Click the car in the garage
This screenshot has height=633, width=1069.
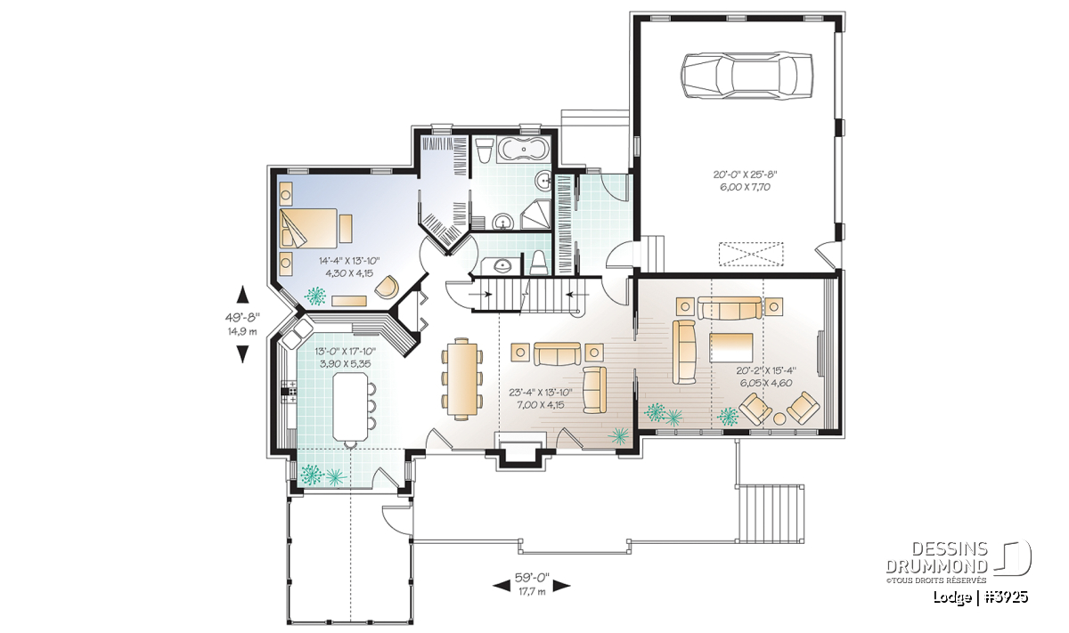[747, 77]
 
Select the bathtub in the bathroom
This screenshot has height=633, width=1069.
[524, 150]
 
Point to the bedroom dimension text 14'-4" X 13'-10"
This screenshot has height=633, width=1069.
[349, 261]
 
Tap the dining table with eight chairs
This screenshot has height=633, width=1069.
[461, 378]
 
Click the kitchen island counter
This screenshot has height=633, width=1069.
[350, 406]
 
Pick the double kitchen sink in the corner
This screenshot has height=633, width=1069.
[298, 334]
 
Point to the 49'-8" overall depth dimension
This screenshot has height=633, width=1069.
[243, 317]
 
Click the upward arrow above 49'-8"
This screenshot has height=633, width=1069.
[243, 294]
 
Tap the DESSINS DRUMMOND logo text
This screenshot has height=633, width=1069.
[936, 557]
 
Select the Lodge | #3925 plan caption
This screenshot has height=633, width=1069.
[980, 597]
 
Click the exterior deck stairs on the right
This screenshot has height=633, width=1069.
[770, 514]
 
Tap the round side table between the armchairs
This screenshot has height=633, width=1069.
[779, 418]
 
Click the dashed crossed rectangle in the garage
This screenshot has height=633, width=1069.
[751, 254]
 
